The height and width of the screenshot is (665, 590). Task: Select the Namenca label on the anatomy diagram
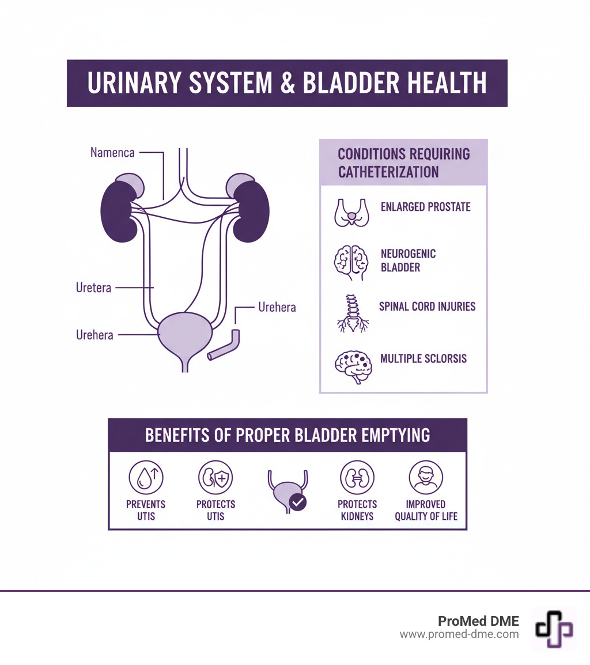(x=112, y=153)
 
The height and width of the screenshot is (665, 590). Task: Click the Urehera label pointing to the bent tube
(x=277, y=307)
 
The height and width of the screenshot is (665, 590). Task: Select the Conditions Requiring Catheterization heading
(x=403, y=163)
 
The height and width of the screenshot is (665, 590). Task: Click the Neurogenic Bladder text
(x=408, y=260)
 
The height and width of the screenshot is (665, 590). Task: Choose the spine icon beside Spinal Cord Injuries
(x=351, y=313)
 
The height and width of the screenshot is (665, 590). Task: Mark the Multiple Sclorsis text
(x=423, y=359)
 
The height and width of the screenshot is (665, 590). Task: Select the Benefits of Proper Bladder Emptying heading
(x=287, y=434)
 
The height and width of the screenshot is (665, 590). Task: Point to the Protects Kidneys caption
(x=357, y=510)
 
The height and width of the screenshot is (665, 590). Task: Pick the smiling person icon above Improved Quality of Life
(x=426, y=478)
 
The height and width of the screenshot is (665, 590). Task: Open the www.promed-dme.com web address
(x=459, y=634)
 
